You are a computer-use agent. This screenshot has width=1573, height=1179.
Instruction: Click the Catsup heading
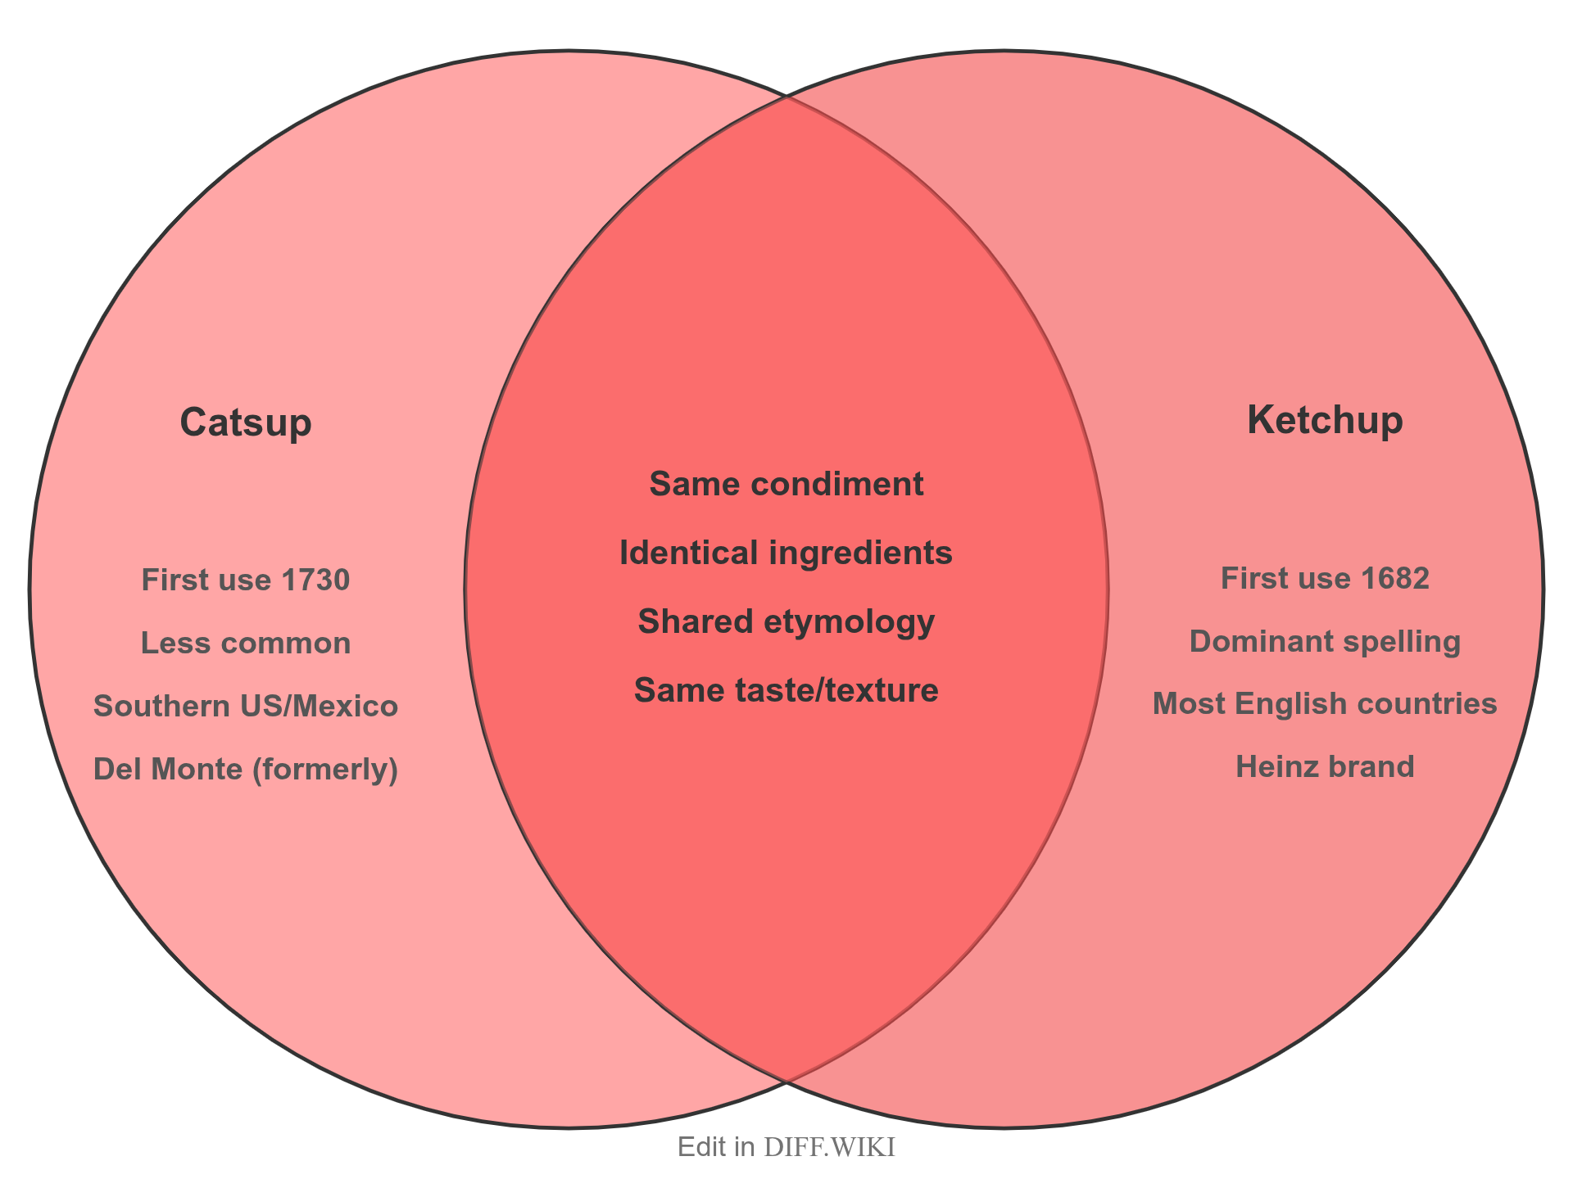(x=246, y=423)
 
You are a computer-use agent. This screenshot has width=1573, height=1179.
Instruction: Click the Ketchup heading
(x=1325, y=421)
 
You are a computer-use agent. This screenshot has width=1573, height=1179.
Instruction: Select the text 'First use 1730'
(x=246, y=580)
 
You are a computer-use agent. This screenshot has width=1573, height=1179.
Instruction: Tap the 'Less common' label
(x=246, y=644)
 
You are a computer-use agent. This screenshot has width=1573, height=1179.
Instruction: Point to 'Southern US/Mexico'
(x=246, y=706)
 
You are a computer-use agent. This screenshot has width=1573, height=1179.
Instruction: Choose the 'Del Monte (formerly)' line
(x=246, y=769)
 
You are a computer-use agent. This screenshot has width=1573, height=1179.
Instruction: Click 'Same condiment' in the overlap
(x=786, y=484)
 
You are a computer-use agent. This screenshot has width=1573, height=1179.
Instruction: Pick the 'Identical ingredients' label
(x=786, y=553)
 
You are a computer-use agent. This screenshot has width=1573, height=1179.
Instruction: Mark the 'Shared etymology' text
(x=786, y=622)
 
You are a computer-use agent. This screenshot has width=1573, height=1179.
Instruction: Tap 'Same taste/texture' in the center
(x=786, y=691)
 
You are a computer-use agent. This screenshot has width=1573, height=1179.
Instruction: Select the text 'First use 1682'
(x=1325, y=579)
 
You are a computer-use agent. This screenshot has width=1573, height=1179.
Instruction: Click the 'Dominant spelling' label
(x=1325, y=642)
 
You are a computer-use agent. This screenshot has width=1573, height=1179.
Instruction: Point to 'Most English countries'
(x=1325, y=704)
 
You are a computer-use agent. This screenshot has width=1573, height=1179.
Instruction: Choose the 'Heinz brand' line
(x=1325, y=767)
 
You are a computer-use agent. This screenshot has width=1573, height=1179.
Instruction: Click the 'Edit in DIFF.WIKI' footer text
(x=786, y=1147)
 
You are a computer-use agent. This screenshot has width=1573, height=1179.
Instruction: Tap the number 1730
(x=315, y=580)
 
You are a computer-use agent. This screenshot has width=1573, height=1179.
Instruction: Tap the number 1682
(x=1394, y=579)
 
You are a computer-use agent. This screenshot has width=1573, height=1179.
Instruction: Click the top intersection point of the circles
(x=787, y=97)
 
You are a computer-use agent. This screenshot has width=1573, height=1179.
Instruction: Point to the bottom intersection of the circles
(x=787, y=1082)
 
